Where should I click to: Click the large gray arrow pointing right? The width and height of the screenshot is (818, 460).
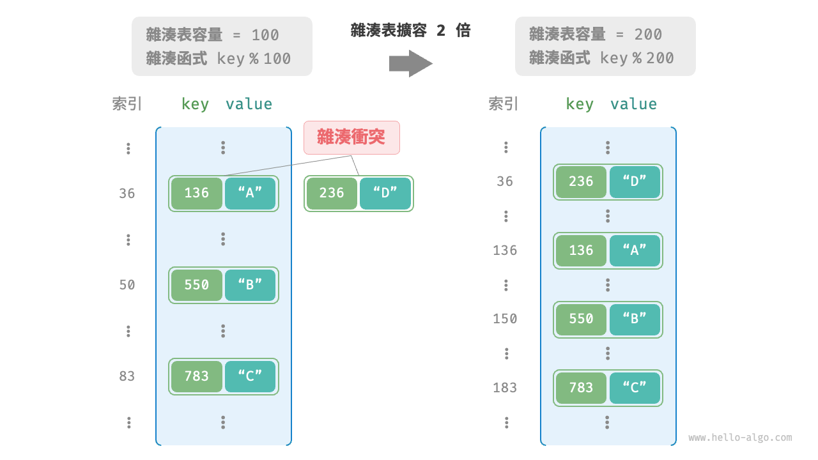[x=410, y=64]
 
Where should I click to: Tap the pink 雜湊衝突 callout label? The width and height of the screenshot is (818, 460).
[x=351, y=137]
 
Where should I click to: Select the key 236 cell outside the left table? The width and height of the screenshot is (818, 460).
[x=332, y=194]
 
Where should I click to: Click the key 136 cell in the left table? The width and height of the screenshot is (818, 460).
[x=196, y=194]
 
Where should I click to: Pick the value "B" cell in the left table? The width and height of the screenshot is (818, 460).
[x=250, y=285]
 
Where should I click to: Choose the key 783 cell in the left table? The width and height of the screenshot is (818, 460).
[x=196, y=376]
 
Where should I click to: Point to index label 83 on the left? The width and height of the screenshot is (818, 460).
[x=127, y=376]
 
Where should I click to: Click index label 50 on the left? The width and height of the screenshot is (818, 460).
[x=127, y=285]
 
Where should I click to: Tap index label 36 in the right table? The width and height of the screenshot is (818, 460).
[x=505, y=181]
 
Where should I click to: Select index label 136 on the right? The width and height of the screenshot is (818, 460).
[x=505, y=250]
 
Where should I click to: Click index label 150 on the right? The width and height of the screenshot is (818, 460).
[x=505, y=319]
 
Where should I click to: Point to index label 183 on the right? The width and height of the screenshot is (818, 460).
[x=505, y=388]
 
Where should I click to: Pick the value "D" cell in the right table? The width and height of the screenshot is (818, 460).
[x=635, y=182]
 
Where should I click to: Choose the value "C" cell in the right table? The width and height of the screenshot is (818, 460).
[x=635, y=388]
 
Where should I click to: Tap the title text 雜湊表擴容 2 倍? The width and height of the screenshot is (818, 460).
[x=410, y=31]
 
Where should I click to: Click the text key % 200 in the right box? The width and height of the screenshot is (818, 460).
[x=637, y=58]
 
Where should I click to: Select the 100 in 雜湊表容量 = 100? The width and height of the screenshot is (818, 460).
[x=265, y=34]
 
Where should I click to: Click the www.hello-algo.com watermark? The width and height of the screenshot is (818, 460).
[x=740, y=438]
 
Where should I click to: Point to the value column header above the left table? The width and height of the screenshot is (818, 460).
[x=249, y=104]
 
